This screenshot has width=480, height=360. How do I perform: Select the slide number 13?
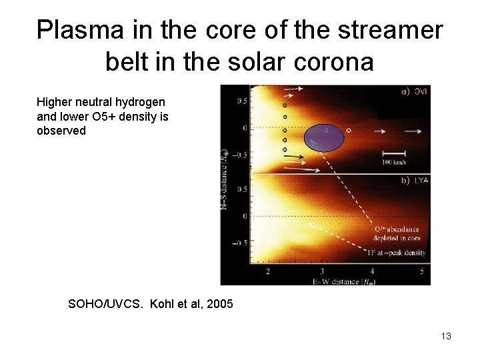point(446,336)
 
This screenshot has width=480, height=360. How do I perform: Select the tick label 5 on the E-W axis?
point(421,271)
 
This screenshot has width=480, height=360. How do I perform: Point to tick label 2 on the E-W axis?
point(268,271)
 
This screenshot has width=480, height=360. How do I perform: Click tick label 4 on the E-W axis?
point(371,271)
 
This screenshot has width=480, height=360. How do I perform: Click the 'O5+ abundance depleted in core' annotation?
point(398,233)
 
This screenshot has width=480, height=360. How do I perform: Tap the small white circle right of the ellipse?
point(349,131)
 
